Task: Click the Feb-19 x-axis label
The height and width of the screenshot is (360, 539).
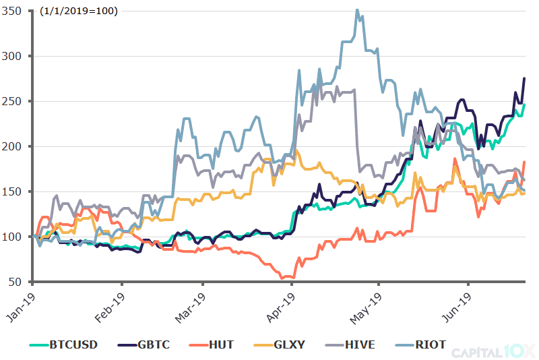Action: click(110, 305)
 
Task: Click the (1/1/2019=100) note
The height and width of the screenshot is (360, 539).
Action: click(78, 11)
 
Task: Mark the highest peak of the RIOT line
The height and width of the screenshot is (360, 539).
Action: click(357, 9)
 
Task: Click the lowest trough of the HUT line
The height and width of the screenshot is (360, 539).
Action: click(282, 278)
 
